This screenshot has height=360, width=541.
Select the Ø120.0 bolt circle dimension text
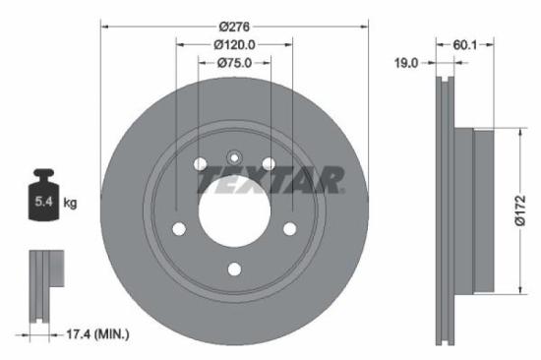235,43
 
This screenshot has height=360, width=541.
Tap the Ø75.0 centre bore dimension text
235,62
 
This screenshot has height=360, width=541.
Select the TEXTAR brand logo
271,180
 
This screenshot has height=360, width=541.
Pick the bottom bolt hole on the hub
235,269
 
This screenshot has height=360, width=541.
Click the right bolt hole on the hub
291,228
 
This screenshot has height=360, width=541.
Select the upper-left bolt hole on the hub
201,162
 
